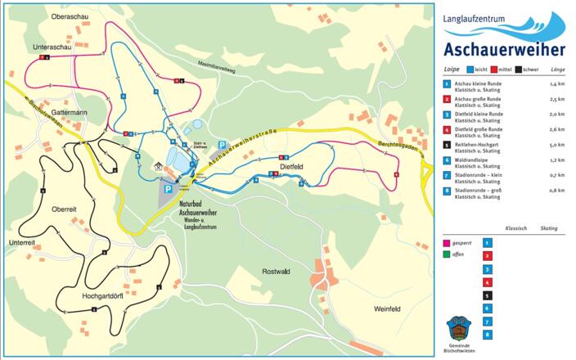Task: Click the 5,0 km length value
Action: coord(557,145)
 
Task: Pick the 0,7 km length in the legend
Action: coord(557,176)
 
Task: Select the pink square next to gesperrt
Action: coord(446,242)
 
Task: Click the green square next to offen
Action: coord(446,254)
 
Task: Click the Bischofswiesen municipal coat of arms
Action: coord(457,330)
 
